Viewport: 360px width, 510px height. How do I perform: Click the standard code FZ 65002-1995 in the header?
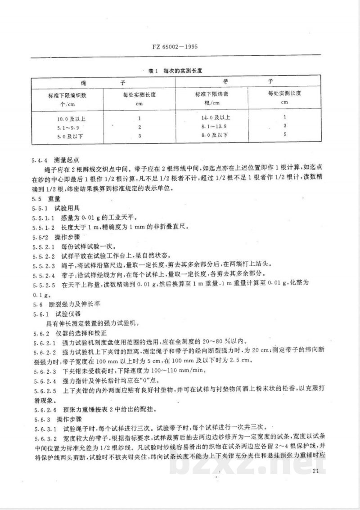point(179,46)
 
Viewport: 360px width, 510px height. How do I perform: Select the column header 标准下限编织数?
point(67,96)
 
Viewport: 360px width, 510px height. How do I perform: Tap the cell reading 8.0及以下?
point(213,134)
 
